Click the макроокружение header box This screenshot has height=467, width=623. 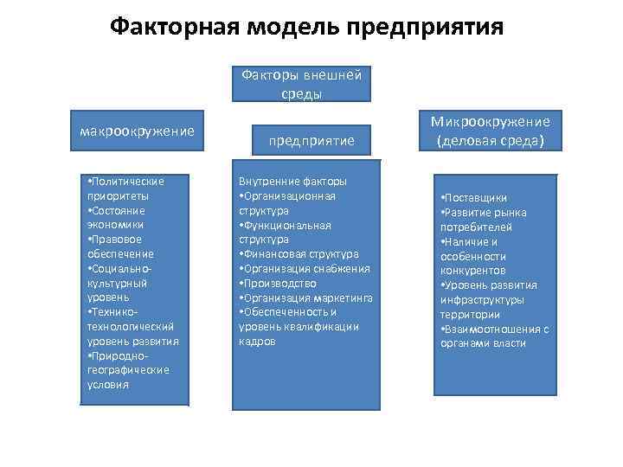coord(137,131)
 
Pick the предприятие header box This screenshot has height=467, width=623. coord(309,139)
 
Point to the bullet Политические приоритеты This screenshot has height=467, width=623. coord(125,188)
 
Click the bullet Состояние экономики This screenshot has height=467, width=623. coord(117,217)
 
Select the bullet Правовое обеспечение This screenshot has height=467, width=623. coord(119,246)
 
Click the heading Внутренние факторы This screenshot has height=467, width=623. coord(292,181)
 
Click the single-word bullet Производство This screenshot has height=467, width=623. coord(279,283)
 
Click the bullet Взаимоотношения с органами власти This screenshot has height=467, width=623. coord(494,336)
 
